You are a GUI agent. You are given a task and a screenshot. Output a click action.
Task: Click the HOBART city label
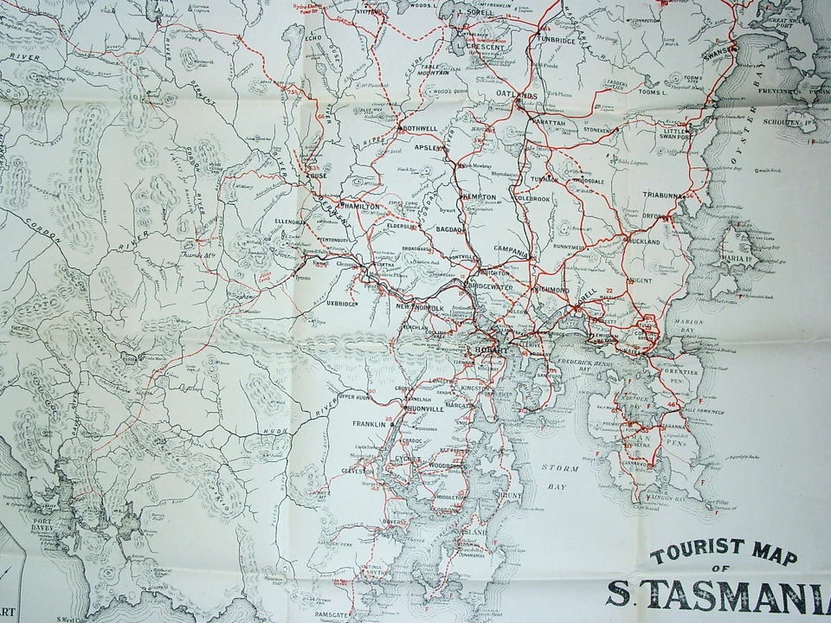(x=489, y=349)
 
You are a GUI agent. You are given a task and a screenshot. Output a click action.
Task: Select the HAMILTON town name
(x=362, y=207)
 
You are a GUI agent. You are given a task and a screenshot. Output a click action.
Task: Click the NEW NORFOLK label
(x=419, y=307)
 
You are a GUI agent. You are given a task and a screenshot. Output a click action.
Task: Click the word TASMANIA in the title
(x=736, y=594)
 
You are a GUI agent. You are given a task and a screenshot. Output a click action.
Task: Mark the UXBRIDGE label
(x=343, y=304)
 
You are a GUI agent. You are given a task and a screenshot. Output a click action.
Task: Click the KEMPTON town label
(x=480, y=197)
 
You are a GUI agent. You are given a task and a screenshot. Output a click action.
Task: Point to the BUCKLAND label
(x=644, y=241)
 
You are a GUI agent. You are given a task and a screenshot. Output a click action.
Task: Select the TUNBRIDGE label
(x=556, y=40)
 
